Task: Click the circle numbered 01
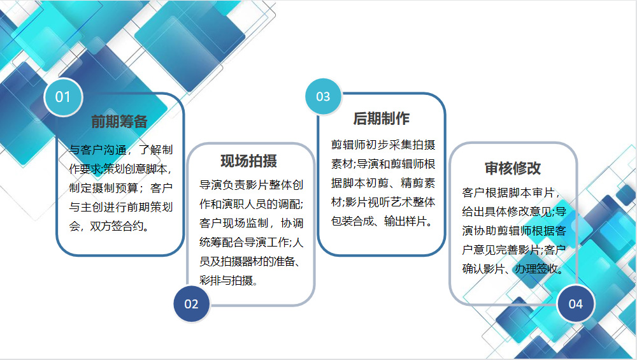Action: click(63, 97)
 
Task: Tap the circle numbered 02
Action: click(191, 304)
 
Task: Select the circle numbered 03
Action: click(324, 97)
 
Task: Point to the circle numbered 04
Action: click(576, 304)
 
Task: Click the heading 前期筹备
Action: click(119, 122)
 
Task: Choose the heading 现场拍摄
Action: click(248, 161)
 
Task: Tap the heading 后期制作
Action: click(381, 119)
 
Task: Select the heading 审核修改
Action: click(513, 168)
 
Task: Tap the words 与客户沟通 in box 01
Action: click(98, 150)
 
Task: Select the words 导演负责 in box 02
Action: click(222, 185)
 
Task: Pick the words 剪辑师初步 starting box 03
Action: click(359, 145)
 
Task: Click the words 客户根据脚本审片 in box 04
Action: click(508, 192)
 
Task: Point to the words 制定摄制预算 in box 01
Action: click(104, 188)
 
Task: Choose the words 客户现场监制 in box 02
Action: click(234, 223)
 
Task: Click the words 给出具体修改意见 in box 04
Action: click(508, 212)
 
